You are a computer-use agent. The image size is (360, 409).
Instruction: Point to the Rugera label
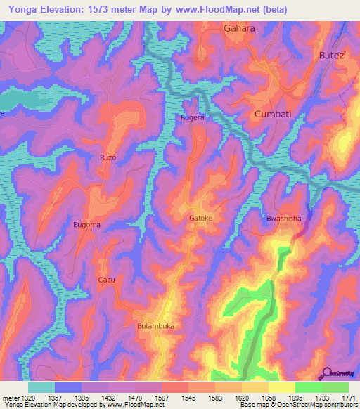click(193, 118)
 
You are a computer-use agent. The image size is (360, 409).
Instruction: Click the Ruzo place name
click(108, 157)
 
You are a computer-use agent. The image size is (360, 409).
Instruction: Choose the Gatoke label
click(201, 219)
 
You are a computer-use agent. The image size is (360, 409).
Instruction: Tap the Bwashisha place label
click(283, 219)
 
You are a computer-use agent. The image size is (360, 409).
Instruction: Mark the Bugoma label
click(87, 224)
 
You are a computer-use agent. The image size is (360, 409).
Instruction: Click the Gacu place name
click(106, 280)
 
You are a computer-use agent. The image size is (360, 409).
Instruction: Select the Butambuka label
click(155, 327)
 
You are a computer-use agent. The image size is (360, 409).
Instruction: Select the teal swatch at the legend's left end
click(41, 387)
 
